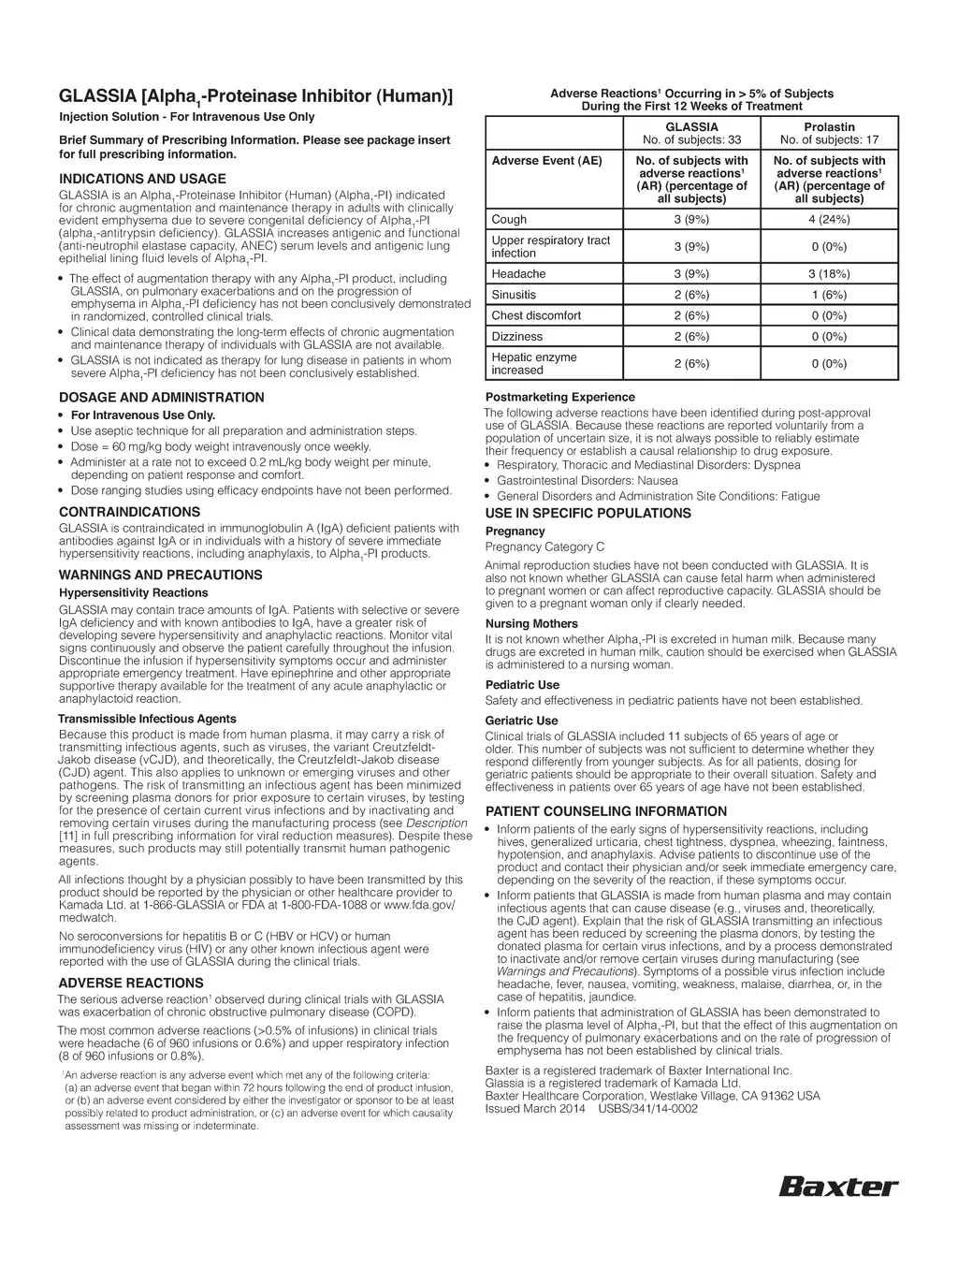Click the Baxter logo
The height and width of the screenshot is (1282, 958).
tap(838, 1187)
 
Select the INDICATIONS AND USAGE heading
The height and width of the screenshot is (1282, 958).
tap(142, 179)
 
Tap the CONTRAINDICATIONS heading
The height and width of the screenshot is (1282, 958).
tap(129, 512)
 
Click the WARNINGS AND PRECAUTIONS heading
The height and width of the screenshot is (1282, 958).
tap(160, 575)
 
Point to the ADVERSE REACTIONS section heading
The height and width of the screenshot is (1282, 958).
tap(130, 983)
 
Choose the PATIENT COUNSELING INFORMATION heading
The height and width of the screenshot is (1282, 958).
tap(605, 811)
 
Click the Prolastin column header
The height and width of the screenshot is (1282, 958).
tap(829, 127)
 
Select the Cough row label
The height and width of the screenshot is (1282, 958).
tap(509, 220)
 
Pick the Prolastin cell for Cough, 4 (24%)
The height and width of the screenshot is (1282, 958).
tap(829, 220)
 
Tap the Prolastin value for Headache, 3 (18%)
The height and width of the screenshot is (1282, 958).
tap(829, 274)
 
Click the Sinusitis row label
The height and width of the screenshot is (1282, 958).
tap(514, 295)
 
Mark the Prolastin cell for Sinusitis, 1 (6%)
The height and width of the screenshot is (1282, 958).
tap(829, 295)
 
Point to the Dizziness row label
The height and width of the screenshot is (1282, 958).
tap(516, 336)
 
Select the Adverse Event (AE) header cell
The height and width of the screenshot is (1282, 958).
tap(546, 161)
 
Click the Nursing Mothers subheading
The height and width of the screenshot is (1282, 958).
tap(531, 624)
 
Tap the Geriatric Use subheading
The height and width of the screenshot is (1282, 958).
tap(521, 721)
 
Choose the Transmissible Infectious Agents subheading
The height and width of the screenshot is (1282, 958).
tap(147, 719)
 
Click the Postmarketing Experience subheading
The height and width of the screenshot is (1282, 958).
tap(559, 397)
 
